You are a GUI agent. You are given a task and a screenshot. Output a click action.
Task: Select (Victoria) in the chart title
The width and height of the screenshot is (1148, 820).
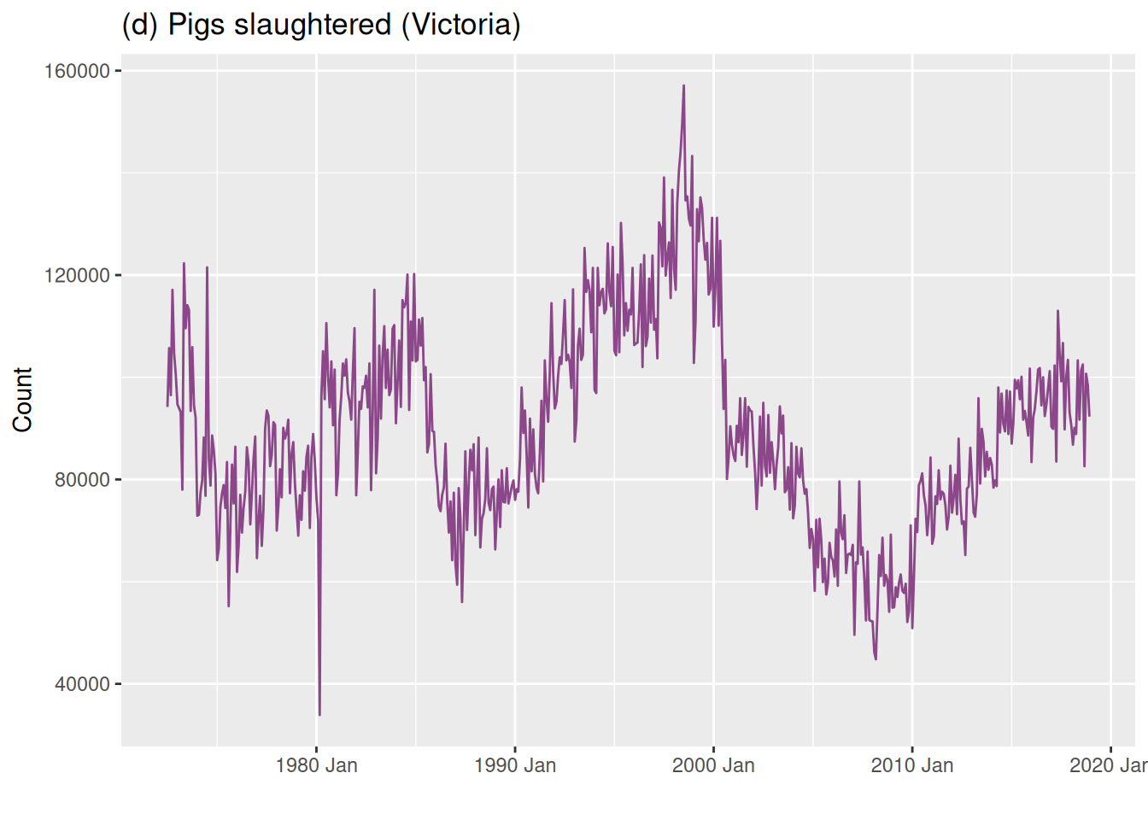[462, 25]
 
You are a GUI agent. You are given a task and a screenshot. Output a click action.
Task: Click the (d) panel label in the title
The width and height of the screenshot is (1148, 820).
[140, 25]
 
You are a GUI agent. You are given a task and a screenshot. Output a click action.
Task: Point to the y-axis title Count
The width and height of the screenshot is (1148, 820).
[22, 400]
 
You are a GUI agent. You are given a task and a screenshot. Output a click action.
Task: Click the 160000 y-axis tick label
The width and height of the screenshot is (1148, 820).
[78, 71]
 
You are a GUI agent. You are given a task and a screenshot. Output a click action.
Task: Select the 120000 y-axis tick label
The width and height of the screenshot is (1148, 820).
[78, 275]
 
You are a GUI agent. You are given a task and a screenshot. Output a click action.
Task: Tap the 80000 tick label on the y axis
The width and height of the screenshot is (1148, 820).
[82, 479]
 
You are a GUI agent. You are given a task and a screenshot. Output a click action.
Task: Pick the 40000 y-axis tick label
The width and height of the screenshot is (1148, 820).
[82, 684]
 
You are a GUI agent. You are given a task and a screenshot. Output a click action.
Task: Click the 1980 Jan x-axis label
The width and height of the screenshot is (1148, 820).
[316, 765]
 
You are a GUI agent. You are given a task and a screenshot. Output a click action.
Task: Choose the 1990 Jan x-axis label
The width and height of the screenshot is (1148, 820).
[515, 765]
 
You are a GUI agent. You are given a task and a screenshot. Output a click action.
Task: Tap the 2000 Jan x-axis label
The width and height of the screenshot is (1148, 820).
[713, 765]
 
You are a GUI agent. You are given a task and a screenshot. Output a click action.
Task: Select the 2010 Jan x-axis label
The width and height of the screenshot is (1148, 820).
[912, 765]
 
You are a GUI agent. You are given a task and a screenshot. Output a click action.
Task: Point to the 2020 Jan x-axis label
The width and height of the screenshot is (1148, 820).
[1109, 765]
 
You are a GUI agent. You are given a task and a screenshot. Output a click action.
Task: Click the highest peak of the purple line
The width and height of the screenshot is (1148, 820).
[683, 85]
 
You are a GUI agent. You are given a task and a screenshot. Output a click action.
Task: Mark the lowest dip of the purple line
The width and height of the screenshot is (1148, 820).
[319, 714]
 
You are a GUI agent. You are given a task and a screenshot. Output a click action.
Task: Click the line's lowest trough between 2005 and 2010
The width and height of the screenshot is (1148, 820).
[876, 659]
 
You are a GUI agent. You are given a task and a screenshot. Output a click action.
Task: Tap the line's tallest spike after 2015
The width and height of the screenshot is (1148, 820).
[1057, 311]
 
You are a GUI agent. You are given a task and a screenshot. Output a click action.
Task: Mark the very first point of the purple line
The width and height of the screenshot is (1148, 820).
[167, 406]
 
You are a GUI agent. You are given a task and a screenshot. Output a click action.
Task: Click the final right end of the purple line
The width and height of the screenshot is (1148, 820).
[1089, 416]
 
